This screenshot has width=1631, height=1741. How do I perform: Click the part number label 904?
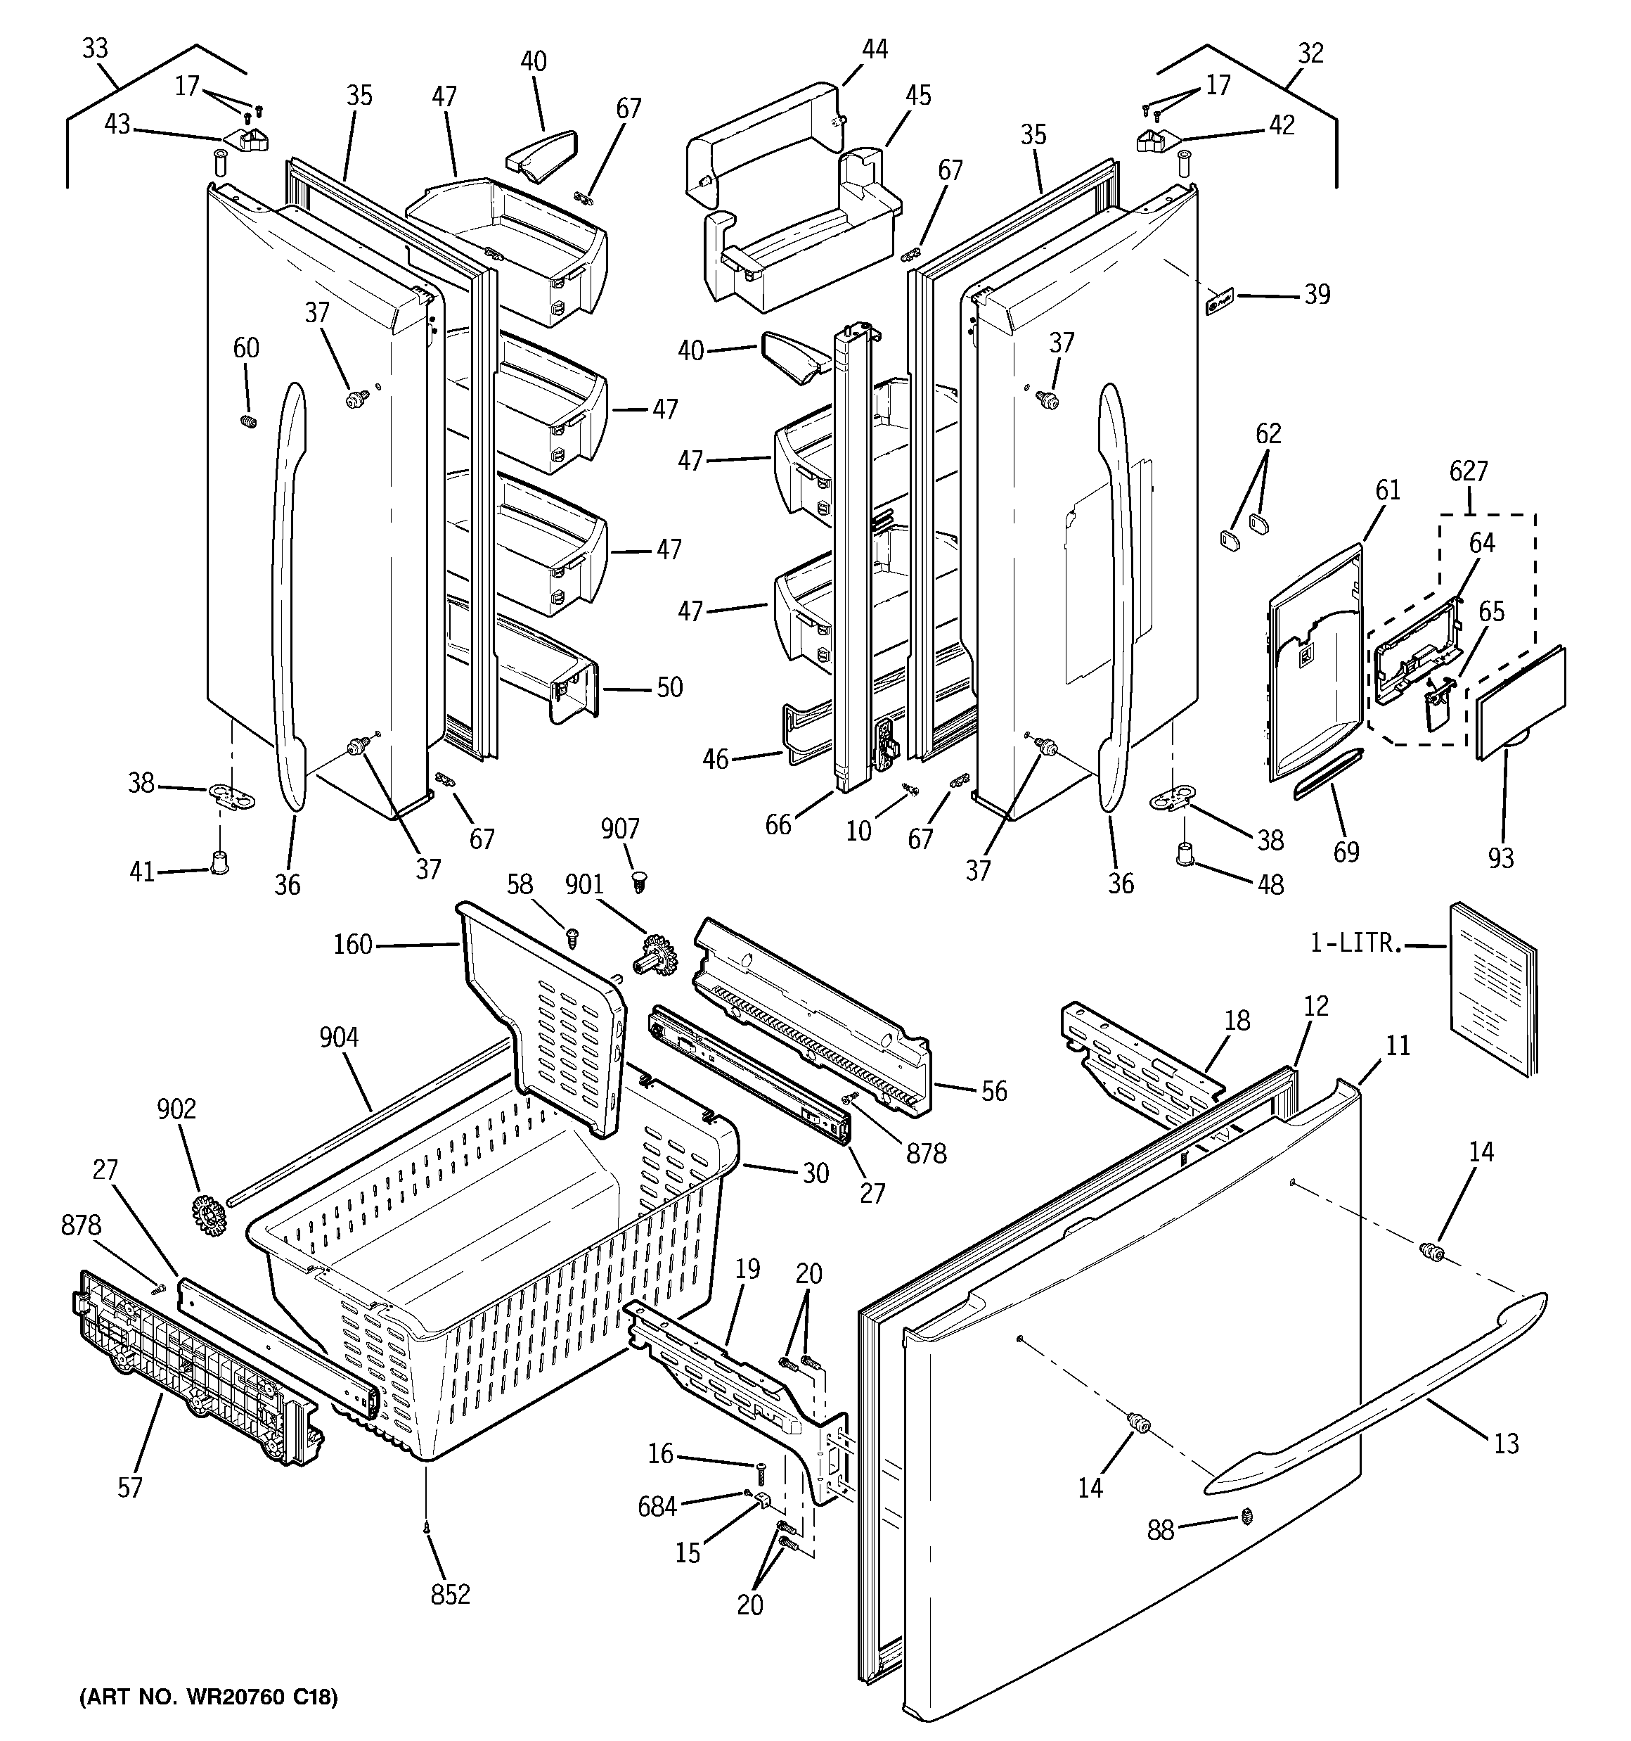338,1038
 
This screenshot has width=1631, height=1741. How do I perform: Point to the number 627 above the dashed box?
1468,471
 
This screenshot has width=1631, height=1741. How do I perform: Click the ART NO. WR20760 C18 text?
207,1697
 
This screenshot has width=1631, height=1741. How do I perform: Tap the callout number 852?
450,1595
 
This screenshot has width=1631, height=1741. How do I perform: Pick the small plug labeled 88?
1246,1517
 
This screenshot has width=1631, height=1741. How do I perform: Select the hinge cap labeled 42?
1156,140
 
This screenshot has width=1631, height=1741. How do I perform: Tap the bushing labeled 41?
219,862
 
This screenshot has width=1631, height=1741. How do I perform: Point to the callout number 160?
353,945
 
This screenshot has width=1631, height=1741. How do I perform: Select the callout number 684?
657,1506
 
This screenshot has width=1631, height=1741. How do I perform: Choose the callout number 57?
129,1487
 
